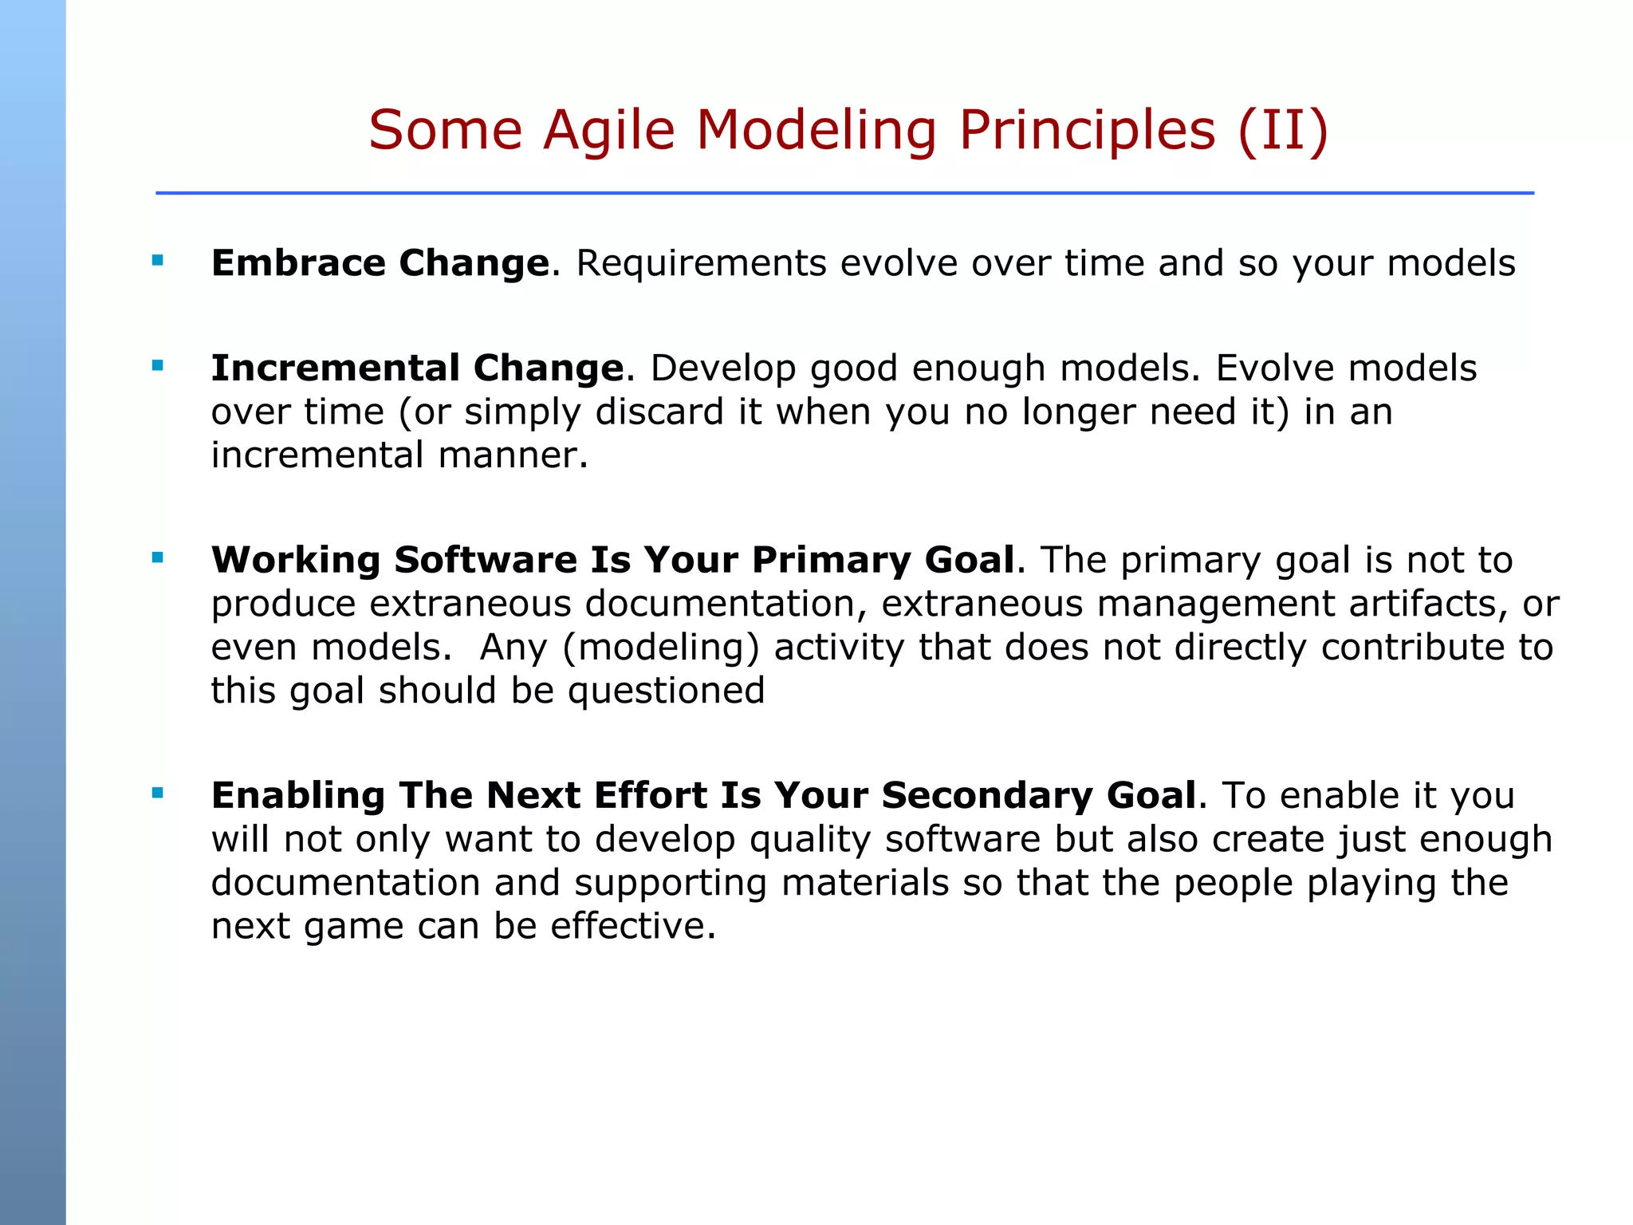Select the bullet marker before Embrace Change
[157, 260]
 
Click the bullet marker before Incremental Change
[157, 366]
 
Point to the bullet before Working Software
[157, 557]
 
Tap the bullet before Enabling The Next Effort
[157, 793]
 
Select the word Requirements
[701, 263]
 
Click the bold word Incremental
[335, 368]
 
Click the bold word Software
[486, 560]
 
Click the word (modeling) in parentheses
[660, 647]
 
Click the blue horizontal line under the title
[844, 193]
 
